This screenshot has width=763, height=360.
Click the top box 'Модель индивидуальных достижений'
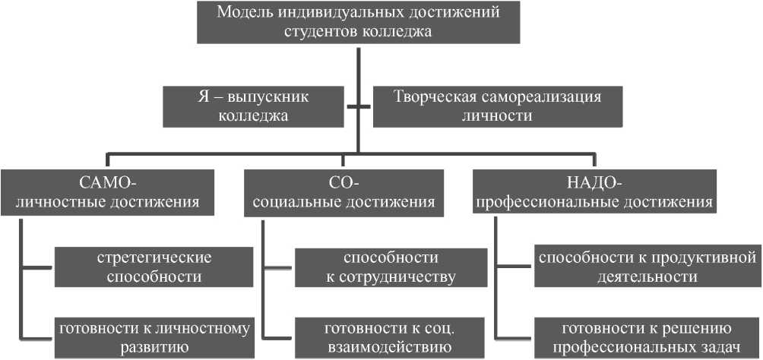pyautogui.click(x=358, y=22)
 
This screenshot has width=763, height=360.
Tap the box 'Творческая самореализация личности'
pyautogui.click(x=497, y=106)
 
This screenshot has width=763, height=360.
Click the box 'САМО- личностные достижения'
pyautogui.click(x=108, y=192)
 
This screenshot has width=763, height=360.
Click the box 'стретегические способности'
pyautogui.click(x=154, y=267)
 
